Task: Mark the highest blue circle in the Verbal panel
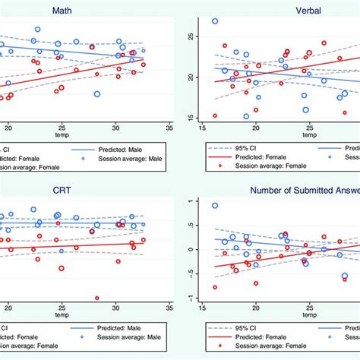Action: coord(215,21)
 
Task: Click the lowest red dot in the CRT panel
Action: coord(96,298)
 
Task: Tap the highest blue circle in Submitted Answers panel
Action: coord(215,206)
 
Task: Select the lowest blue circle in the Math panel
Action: coord(97,94)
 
